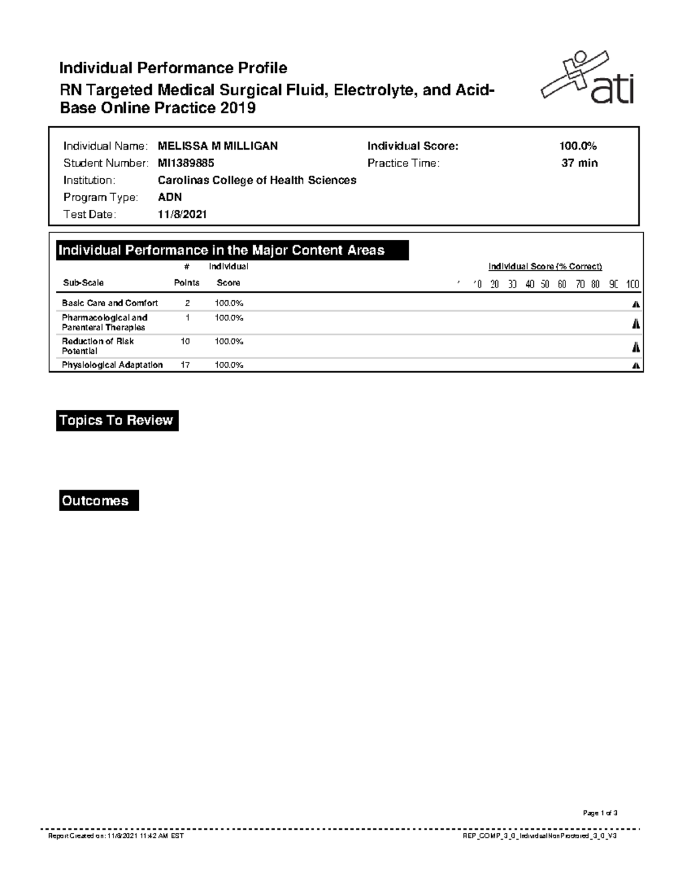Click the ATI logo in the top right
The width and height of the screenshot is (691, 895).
pos(587,78)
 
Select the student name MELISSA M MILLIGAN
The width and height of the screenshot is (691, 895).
pos(218,146)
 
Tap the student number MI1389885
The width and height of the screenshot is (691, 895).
pos(186,163)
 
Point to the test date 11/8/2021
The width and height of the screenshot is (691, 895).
pos(182,214)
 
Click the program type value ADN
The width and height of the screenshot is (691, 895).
pos(170,197)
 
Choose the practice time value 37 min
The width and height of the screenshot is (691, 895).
pos(579,163)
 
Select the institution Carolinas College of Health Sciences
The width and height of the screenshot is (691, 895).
pos(257,180)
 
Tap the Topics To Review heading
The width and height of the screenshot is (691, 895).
pos(117,421)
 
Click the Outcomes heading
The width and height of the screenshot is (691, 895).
pos(98,501)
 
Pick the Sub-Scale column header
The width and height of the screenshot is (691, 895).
pos(83,283)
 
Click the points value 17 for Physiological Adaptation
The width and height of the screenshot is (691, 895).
pos(185,365)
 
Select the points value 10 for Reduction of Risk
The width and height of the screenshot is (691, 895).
pos(185,341)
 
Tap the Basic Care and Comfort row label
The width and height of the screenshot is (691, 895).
pos(110,303)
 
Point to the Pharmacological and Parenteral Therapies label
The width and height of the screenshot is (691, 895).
pos(105,322)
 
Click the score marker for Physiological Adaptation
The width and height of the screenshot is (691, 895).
pos(636,365)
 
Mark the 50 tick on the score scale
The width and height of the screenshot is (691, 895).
pos(545,284)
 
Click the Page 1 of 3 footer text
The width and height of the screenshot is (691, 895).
pos(600,813)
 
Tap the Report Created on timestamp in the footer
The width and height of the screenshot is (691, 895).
pos(116,836)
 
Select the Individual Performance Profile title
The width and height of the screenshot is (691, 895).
pos(173,68)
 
